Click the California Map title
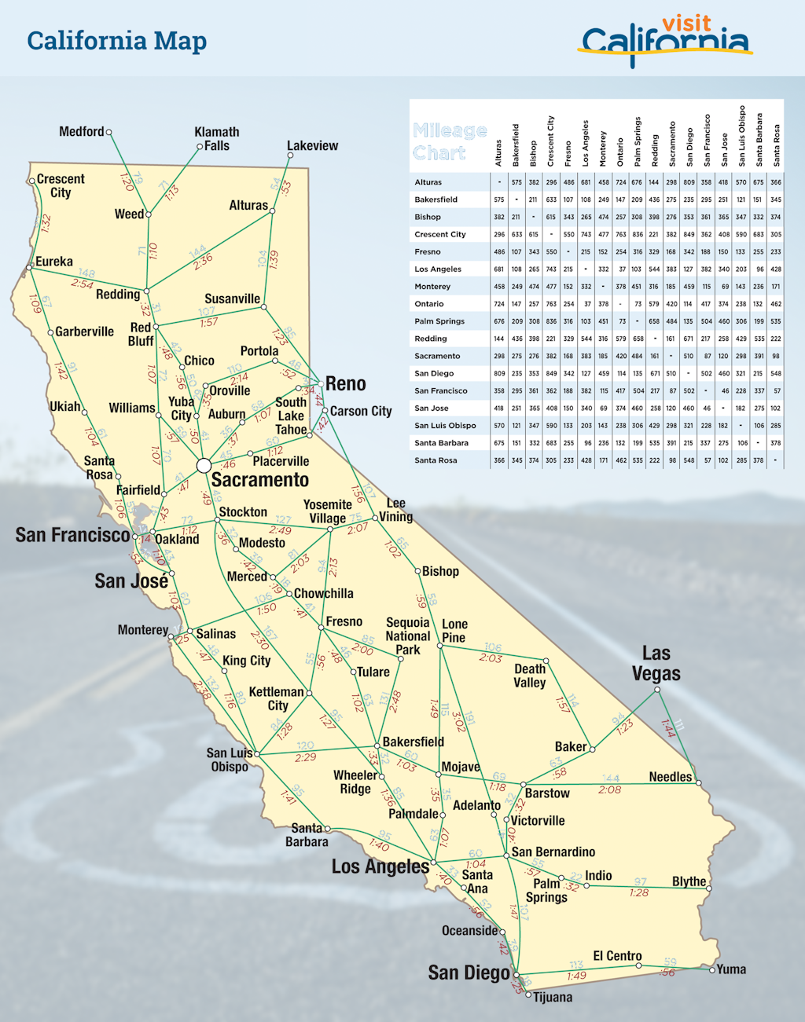(117, 41)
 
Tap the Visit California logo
(666, 40)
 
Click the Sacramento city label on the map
(259, 480)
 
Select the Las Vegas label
(656, 664)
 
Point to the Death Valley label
(530, 676)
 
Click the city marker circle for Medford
(109, 133)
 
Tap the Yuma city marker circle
(712, 970)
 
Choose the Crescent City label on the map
(61, 186)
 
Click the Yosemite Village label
(328, 511)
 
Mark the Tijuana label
(553, 998)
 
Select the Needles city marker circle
(699, 782)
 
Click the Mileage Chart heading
(450, 141)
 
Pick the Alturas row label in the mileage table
(428, 182)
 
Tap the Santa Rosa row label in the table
(436, 460)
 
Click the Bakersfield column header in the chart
(516, 145)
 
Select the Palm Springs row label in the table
(439, 321)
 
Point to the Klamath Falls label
(217, 139)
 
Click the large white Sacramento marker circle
(204, 466)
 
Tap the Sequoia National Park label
(408, 636)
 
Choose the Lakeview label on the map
(312, 146)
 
